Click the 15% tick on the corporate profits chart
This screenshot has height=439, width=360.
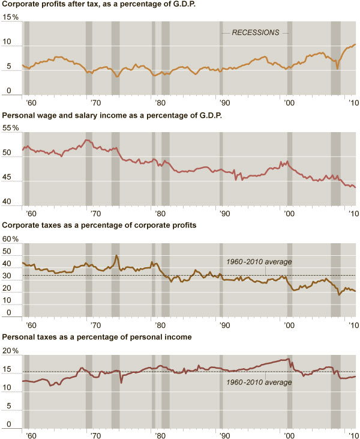click(x=11, y=17)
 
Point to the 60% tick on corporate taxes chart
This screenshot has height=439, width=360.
click(x=11, y=239)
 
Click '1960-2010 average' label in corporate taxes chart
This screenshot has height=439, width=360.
click(x=259, y=262)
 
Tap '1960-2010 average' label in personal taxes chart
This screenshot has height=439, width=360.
click(x=259, y=382)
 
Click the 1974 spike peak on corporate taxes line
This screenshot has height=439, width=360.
click(x=116, y=256)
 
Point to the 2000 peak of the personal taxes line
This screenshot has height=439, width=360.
click(x=289, y=359)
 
